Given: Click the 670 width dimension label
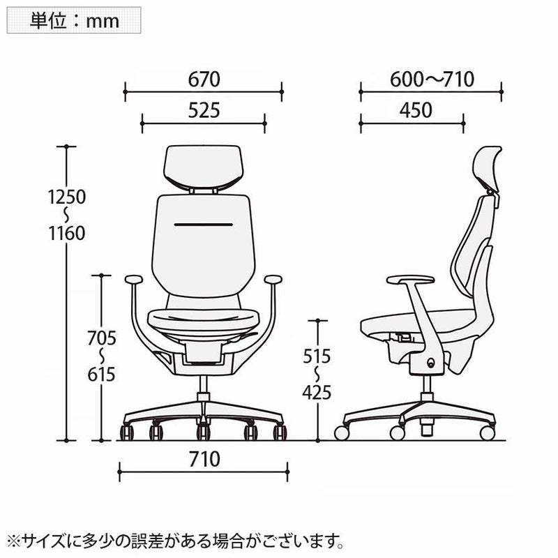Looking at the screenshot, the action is (x=204, y=79).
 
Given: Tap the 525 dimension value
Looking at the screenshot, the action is (x=204, y=110).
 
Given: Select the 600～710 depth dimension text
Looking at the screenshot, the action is (x=432, y=79).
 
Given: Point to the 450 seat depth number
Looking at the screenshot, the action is (x=416, y=110).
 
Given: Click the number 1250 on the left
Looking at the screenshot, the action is (x=67, y=197).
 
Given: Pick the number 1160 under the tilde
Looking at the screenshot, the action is (x=67, y=234).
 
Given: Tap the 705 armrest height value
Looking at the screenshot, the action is (x=102, y=338).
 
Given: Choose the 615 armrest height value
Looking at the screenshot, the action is (x=102, y=375).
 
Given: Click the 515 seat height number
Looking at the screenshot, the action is (x=317, y=356).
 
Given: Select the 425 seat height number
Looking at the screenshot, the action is (x=317, y=393).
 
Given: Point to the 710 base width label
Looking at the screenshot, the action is (x=204, y=459).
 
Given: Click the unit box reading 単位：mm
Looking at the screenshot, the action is (x=74, y=20).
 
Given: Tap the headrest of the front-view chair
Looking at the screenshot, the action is (x=203, y=167).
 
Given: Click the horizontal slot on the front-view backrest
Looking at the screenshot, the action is (x=203, y=225).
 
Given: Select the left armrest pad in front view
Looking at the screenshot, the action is (x=134, y=280).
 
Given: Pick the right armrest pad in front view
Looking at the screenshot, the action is (x=273, y=280).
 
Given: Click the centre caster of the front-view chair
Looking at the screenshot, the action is (x=203, y=431).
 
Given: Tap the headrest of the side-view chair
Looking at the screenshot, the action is (x=490, y=169).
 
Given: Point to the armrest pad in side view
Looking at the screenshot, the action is (x=410, y=280).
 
